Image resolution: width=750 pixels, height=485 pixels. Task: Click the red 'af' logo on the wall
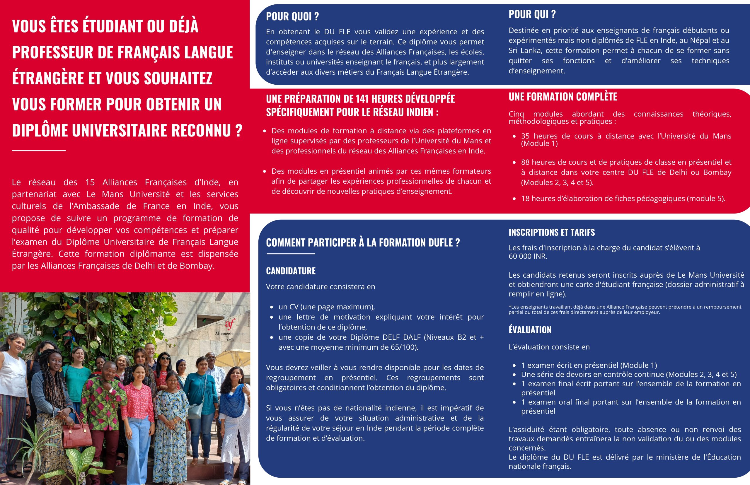230,324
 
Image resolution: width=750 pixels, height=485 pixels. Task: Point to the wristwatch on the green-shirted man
111,390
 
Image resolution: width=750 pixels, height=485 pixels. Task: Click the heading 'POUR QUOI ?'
292,16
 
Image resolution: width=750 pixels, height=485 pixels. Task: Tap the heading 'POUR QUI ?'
532,14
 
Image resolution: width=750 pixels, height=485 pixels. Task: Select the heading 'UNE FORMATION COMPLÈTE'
562,97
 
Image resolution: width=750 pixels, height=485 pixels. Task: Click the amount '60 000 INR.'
528,256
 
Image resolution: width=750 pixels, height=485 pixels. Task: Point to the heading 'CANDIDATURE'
290,271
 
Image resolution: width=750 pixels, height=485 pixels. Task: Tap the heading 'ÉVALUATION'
530,330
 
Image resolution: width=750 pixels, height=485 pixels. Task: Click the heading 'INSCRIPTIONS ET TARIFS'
552,233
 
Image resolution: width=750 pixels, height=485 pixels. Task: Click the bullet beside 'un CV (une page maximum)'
272,307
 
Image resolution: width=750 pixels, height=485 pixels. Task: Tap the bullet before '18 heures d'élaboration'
514,199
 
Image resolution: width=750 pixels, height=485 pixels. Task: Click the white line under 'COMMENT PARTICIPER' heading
290,254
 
